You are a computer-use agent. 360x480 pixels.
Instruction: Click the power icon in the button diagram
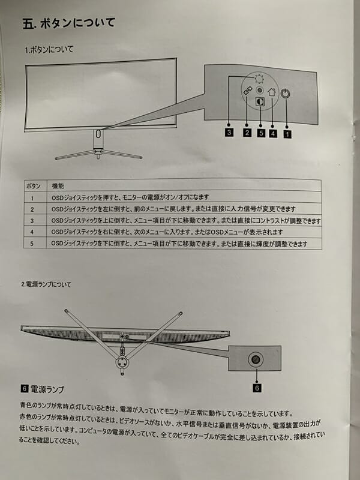(285, 94)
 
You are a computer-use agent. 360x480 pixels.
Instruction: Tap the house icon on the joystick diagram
(272, 92)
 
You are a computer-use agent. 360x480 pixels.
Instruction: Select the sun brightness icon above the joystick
(259, 80)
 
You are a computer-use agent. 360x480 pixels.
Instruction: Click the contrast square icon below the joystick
(260, 101)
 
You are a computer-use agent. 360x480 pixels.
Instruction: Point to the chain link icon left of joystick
(247, 91)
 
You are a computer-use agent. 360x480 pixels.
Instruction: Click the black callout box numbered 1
(287, 134)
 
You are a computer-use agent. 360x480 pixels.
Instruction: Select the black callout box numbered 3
(229, 133)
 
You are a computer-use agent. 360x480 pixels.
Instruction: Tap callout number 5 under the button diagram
(261, 133)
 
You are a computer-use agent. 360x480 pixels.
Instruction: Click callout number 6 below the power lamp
(257, 388)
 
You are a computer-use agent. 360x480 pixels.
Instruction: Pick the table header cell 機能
(58, 186)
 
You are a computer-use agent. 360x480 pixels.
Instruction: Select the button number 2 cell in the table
(32, 209)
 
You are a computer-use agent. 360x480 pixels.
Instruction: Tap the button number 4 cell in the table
(32, 232)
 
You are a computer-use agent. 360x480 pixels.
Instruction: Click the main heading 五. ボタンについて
(69, 23)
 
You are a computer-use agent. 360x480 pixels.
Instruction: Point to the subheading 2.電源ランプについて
(46, 284)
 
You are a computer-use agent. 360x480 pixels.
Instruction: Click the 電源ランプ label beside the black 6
(47, 389)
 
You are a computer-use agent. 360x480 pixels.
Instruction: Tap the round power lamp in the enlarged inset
(256, 359)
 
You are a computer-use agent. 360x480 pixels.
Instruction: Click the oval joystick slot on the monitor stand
(98, 133)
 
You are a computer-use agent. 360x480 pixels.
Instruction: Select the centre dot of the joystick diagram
(260, 91)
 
